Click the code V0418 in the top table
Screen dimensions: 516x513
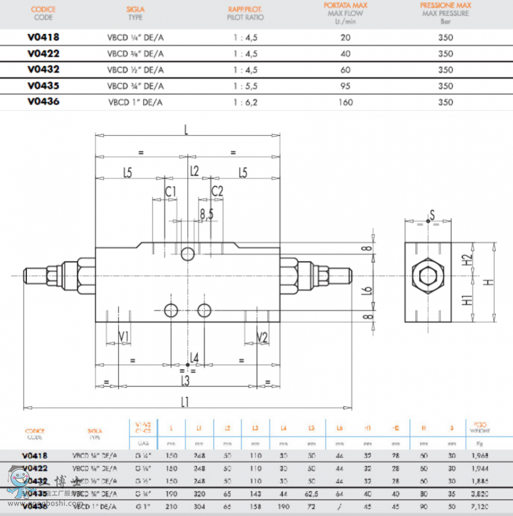coord(44,37)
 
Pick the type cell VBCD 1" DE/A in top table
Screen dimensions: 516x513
coord(135,102)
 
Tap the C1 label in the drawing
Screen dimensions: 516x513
coord(171,191)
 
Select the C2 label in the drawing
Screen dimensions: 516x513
coord(217,191)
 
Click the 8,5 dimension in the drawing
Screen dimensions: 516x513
coord(206,214)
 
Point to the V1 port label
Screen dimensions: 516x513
coord(124,337)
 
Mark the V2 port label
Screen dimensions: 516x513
coord(262,337)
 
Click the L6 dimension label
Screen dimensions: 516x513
coord(367,290)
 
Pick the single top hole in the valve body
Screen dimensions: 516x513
coord(187,254)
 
